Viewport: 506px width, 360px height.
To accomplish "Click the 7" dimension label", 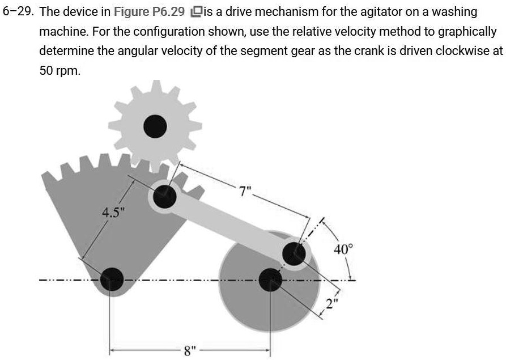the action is (245, 192).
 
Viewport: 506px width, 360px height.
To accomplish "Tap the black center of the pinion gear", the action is (155, 125).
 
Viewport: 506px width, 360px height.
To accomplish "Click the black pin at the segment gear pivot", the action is (112, 279).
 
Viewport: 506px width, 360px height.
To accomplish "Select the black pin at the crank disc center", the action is (271, 279).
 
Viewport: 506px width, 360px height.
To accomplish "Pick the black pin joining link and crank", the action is (294, 253).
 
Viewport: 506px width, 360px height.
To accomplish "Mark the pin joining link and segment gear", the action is (164, 196).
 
